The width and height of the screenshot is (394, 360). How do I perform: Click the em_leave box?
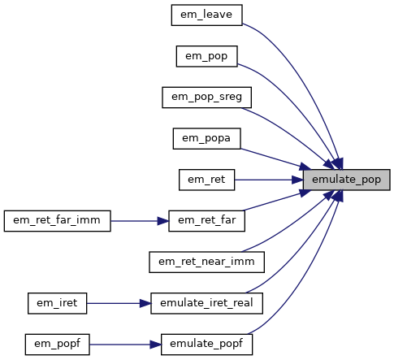(x=206, y=15)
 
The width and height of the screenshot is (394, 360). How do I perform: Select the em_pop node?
(x=206, y=56)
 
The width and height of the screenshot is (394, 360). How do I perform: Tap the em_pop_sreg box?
(x=206, y=98)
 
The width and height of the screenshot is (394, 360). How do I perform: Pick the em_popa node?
(x=206, y=139)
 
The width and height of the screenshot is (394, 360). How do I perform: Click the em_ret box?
(x=206, y=180)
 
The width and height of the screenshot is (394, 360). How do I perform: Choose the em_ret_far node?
(x=206, y=221)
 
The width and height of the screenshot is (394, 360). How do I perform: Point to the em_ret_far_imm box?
(x=57, y=221)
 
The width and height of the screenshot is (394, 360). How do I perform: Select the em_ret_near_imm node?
(x=206, y=262)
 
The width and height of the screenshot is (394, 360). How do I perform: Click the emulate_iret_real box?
(x=206, y=303)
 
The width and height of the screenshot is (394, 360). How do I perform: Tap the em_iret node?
(x=57, y=303)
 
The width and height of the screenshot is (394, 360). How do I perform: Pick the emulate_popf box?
(x=206, y=345)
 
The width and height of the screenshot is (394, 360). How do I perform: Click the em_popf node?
(x=57, y=345)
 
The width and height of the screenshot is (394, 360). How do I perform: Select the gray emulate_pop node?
(x=346, y=180)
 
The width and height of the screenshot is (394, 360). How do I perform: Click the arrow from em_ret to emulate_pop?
(x=269, y=180)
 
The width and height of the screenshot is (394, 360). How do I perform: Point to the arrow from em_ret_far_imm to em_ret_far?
(x=140, y=221)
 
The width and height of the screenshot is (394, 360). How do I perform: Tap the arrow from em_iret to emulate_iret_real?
(x=119, y=303)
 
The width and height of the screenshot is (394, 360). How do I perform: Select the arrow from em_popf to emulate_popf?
(x=125, y=345)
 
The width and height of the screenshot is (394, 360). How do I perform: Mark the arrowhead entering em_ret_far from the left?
(x=163, y=221)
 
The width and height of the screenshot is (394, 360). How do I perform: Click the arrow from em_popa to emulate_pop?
(x=275, y=159)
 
